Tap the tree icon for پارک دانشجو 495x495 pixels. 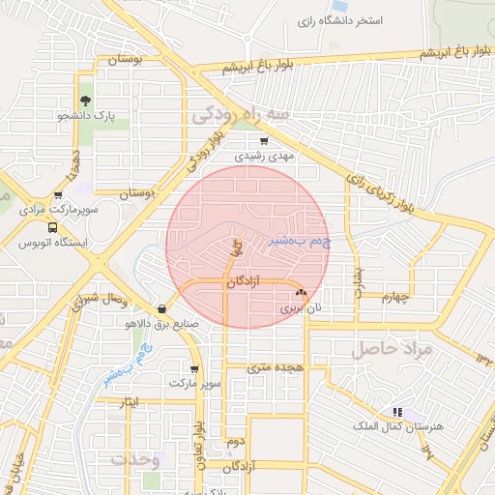[86, 100]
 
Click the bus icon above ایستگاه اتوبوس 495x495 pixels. [25, 226]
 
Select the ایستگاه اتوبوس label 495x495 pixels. [54, 243]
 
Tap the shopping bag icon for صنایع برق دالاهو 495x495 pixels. [160, 310]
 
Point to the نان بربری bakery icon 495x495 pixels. [300, 292]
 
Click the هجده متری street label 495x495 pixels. [275, 367]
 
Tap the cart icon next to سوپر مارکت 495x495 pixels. [195, 368]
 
